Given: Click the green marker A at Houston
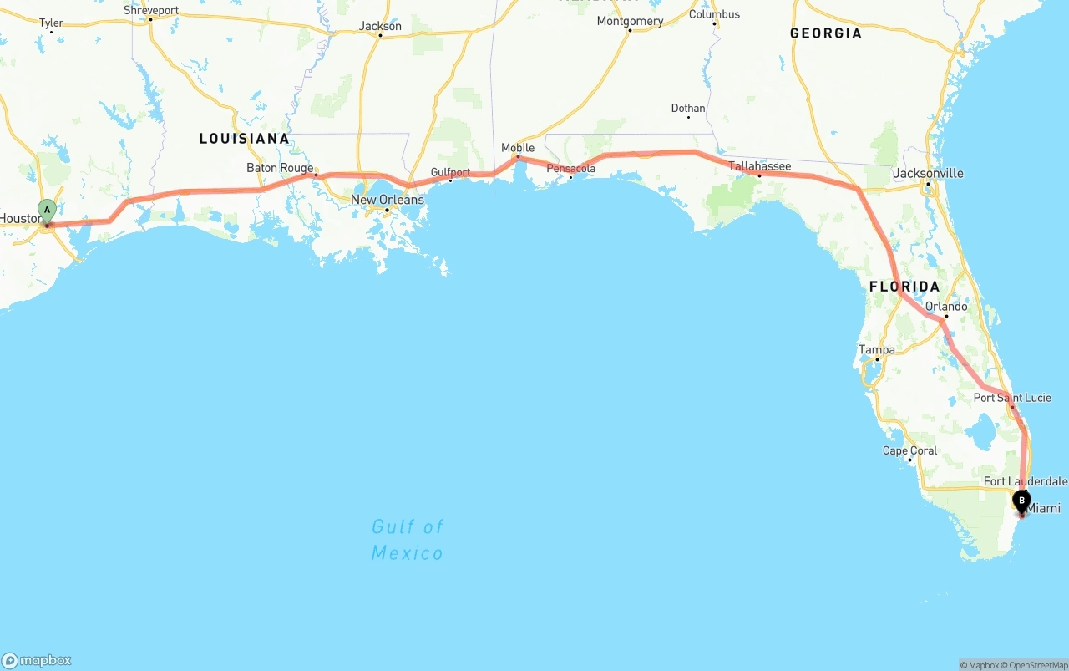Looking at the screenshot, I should coord(48,210).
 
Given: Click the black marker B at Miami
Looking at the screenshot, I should coord(1021,501).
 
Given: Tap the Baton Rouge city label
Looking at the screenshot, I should coord(280,168).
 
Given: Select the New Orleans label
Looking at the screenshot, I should coord(387,200).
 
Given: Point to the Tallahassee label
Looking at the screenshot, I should coord(759,166).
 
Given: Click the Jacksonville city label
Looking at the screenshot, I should coord(928,174).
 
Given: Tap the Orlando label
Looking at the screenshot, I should coord(946,307).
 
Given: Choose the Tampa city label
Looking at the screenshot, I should coord(876,350).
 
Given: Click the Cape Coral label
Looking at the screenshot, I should coord(909,450).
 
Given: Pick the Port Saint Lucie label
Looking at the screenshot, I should coord(1012,398).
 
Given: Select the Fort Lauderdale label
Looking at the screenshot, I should coord(1025,481).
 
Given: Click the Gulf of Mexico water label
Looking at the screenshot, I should coord(408,540).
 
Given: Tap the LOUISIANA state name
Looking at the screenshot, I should coord(244,139).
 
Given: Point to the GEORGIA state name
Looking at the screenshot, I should coord(826,33).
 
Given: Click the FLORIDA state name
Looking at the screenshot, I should coord(904,287).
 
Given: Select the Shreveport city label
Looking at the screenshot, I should coord(151,11).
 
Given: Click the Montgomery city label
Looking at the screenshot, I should coord(630,21).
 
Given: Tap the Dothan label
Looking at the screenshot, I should coord(688,109).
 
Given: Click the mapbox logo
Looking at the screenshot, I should coord(37,660).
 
